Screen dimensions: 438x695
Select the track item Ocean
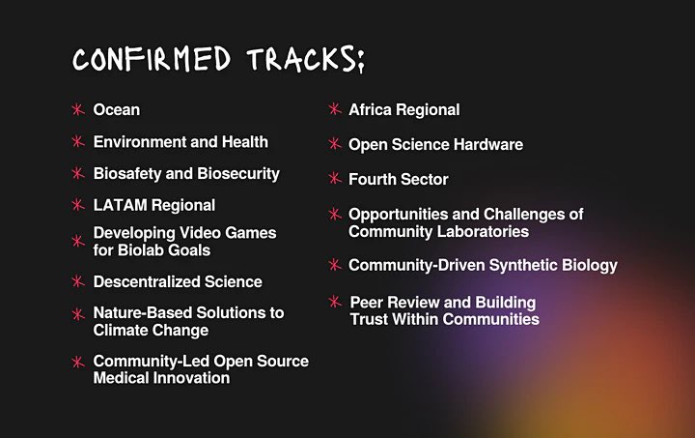[x=116, y=110]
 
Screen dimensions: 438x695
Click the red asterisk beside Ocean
[x=77, y=110]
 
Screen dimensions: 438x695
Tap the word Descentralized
[x=150, y=282]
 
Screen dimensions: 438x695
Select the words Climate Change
[x=151, y=331]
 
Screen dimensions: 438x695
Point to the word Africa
[x=371, y=110]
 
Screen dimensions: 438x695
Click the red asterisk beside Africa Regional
[x=335, y=110]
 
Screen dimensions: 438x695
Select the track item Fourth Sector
[x=398, y=180]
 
